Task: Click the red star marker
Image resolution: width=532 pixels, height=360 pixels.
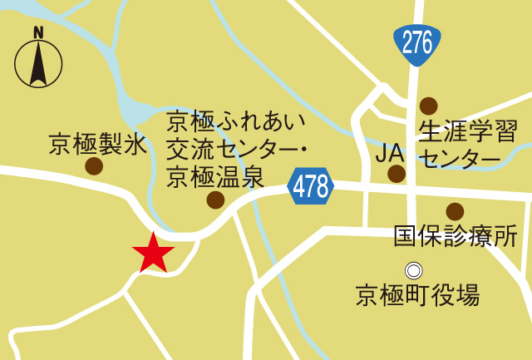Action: [153, 253]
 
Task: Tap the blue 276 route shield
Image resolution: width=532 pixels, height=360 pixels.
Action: [416, 43]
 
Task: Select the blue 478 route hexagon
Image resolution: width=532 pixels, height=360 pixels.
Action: [311, 186]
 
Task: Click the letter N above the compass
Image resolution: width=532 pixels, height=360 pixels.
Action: [38, 32]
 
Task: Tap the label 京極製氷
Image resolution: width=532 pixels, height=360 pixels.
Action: [97, 144]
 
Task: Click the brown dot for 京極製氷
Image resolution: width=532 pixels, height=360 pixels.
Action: [94, 166]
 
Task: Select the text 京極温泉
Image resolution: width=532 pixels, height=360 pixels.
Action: [215, 176]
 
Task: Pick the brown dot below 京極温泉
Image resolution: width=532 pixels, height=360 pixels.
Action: [215, 200]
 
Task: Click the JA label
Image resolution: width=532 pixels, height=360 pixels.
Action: [390, 153]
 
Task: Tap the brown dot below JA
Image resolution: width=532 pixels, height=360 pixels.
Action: [397, 174]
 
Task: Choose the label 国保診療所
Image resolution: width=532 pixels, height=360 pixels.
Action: [456, 236]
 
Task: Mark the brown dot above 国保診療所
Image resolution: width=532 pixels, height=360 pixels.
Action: [455, 211]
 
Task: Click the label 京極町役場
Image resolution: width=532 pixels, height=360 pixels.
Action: [417, 294]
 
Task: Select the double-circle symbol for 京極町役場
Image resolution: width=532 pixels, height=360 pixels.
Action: [413, 270]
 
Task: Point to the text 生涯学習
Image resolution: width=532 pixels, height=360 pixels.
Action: [468, 131]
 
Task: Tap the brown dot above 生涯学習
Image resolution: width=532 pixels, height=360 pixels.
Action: [428, 106]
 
